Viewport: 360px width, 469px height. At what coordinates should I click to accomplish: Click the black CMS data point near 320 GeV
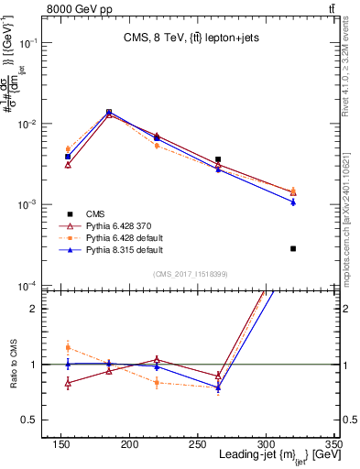pyautogui.click(x=293, y=248)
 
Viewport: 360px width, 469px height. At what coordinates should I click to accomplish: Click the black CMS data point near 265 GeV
pyautogui.click(x=218, y=159)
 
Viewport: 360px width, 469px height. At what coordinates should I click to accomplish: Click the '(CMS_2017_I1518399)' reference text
pyautogui.click(x=191, y=273)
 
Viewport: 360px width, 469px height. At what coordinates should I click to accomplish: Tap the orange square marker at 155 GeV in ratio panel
pyautogui.click(x=68, y=347)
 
